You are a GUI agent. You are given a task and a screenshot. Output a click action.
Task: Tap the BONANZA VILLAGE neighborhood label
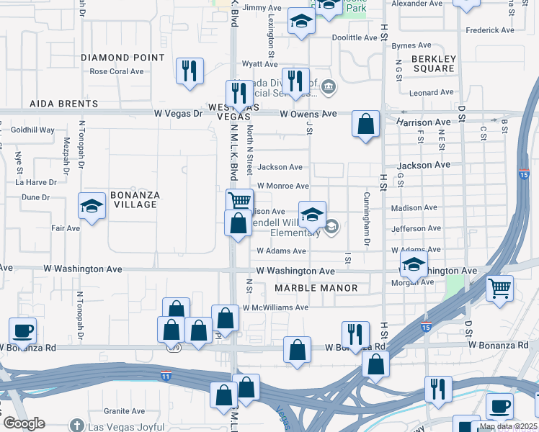coord(133,199)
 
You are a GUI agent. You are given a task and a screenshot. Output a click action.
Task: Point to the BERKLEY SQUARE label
coord(434,63)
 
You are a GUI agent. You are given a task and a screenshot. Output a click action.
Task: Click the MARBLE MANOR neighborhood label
coord(316,288)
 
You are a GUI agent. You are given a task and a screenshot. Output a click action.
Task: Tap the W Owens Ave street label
coord(308,114)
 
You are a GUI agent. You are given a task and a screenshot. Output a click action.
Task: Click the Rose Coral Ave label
coord(117,71)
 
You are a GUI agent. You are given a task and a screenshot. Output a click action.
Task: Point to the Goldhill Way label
coord(33,130)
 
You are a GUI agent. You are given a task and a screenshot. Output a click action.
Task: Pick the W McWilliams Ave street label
coord(275,307)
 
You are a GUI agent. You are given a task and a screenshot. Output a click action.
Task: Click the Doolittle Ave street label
coord(355,37)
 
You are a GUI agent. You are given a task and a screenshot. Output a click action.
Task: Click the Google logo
coord(24,423)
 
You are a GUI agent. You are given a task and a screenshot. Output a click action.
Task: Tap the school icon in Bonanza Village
coord(92,208)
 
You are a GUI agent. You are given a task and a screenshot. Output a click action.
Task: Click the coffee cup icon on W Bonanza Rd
coord(22,330)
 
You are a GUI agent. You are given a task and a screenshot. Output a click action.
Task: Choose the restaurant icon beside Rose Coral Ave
coord(190,71)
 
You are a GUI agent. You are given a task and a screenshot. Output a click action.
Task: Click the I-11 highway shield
coord(166,375)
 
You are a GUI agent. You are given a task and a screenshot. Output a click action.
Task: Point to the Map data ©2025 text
coord(507,426)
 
